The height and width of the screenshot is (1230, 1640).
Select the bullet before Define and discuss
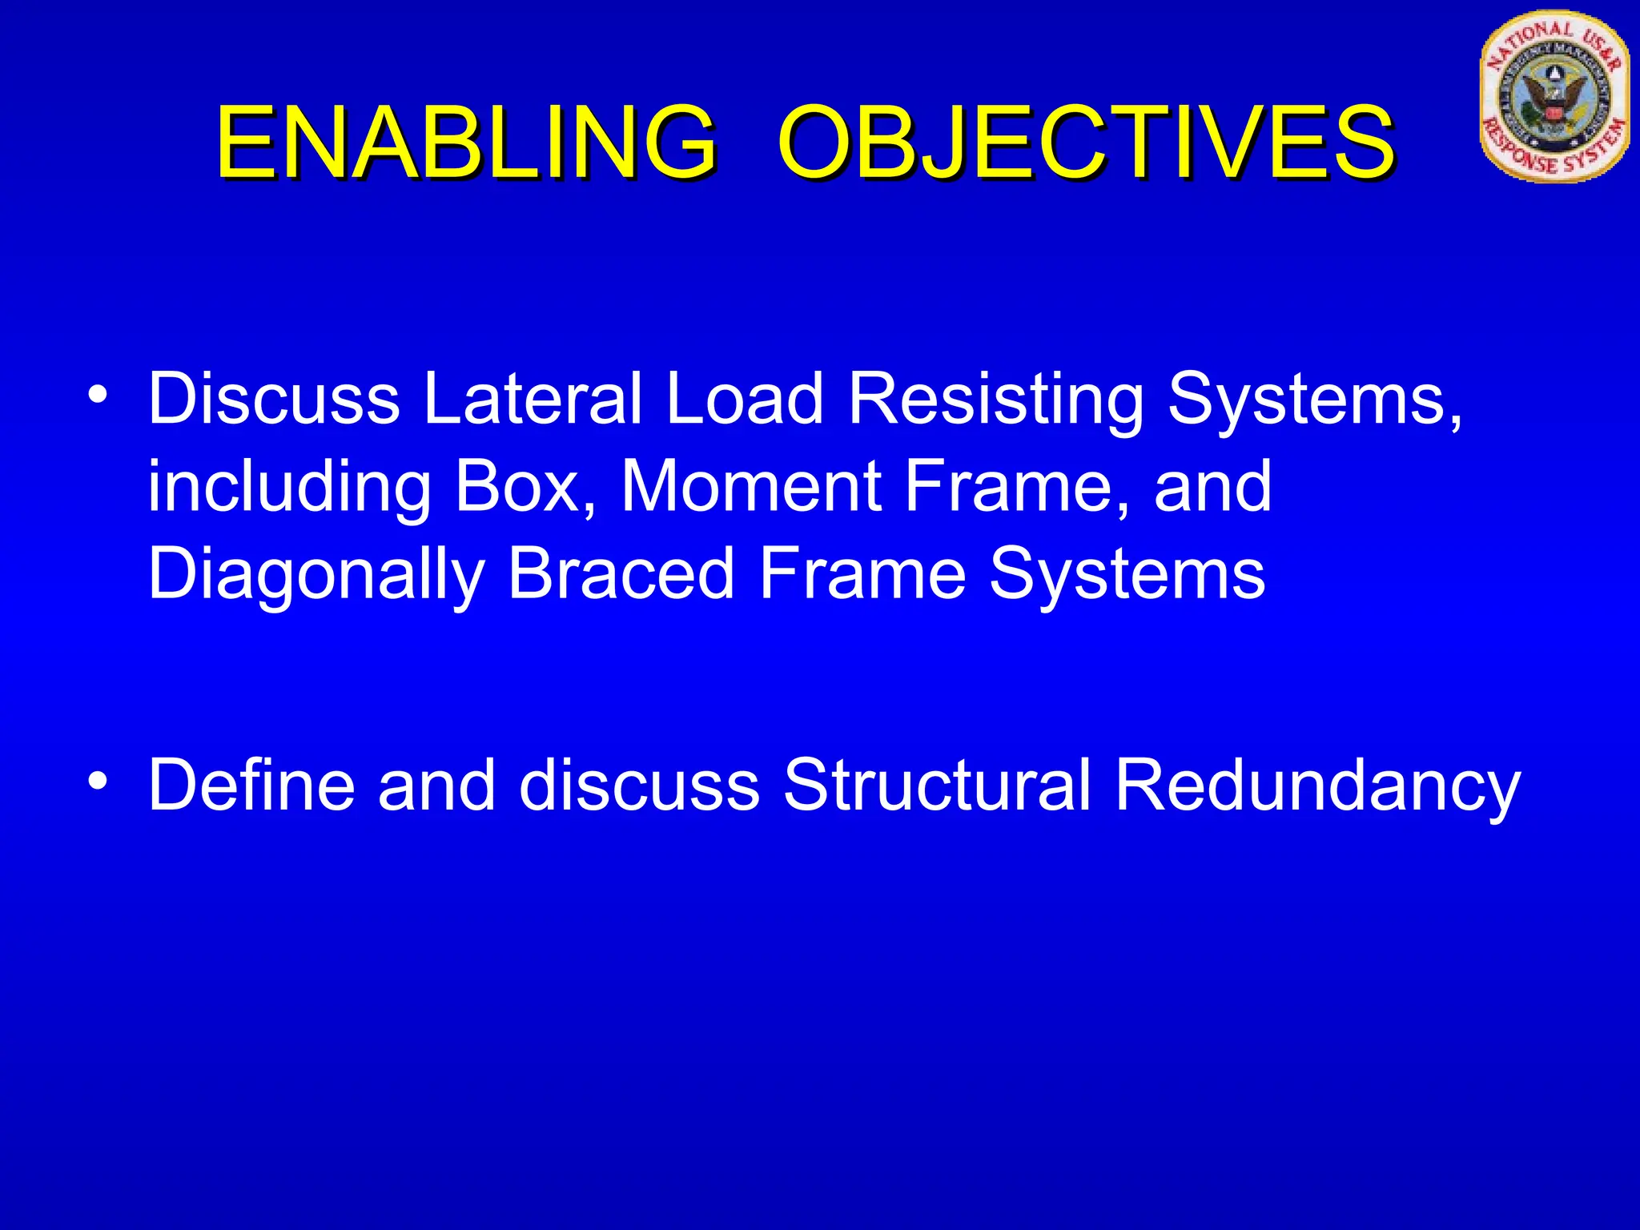click(x=98, y=781)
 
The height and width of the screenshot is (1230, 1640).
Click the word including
click(x=289, y=488)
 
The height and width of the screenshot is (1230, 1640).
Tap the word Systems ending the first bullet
click(x=1127, y=575)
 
